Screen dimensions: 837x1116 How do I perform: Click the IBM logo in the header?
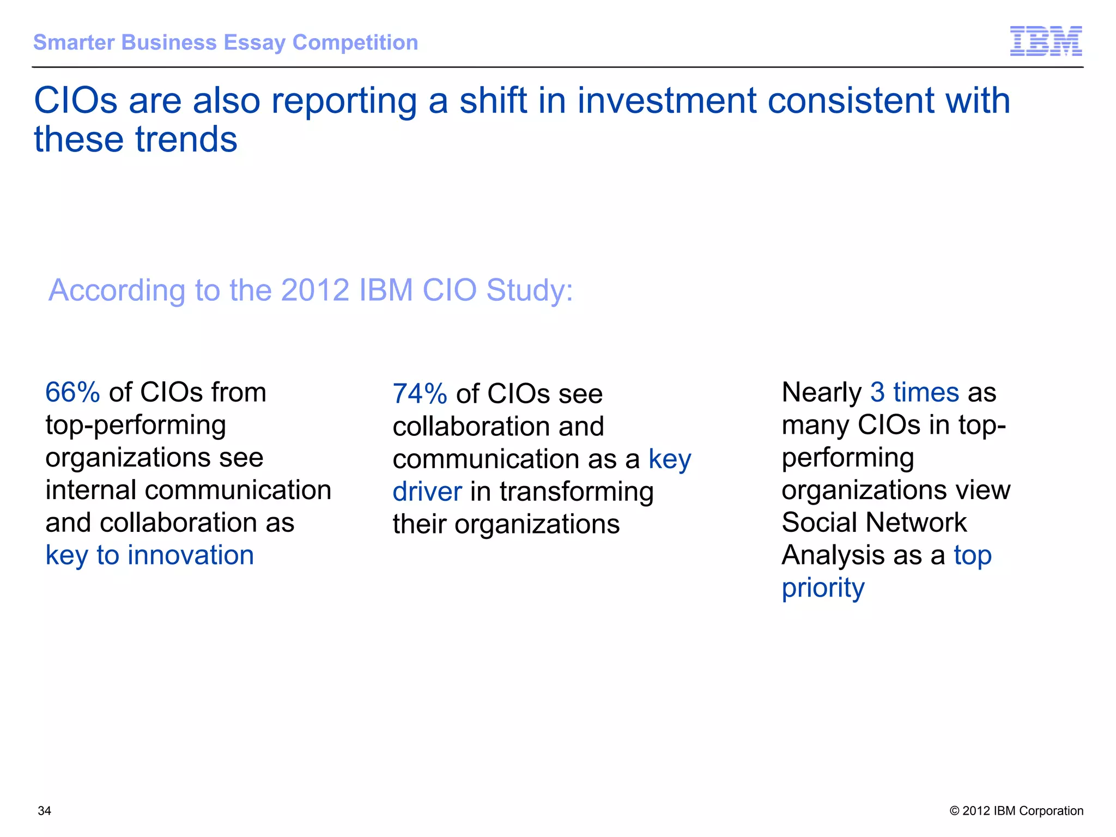tap(1046, 41)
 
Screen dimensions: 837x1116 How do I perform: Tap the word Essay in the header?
tap(254, 43)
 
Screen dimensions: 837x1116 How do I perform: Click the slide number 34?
tap(44, 811)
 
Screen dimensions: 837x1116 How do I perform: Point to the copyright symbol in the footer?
tap(954, 811)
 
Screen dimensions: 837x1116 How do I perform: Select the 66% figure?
tap(72, 392)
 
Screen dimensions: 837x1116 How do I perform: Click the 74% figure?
tap(420, 394)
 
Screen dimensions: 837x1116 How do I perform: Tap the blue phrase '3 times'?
tap(914, 392)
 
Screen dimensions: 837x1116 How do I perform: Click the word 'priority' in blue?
tap(823, 589)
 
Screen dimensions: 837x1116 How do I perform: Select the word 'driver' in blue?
tap(427, 492)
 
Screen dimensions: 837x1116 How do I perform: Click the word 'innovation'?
tap(191, 555)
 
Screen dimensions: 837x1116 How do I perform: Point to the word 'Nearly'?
tap(821, 392)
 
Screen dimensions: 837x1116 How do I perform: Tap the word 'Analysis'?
tap(833, 555)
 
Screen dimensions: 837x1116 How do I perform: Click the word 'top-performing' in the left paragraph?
tap(136, 426)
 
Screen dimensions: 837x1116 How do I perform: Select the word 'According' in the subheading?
tap(117, 290)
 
